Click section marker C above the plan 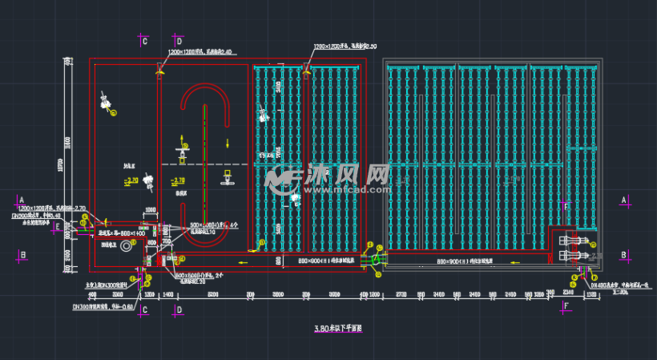[144, 40]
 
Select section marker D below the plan [179, 309]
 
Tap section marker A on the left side [22, 200]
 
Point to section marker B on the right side [623, 255]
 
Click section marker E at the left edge [57, 227]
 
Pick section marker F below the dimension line [567, 305]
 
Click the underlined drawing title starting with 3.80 [339, 329]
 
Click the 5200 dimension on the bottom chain [212, 296]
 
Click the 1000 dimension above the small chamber [149, 210]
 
